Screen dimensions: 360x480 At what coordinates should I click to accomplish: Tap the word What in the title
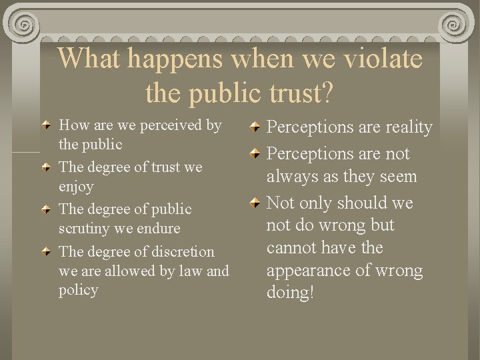click(x=89, y=59)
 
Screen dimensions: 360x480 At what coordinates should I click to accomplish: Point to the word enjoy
click(x=76, y=187)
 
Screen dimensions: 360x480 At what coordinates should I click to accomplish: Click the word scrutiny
click(x=86, y=229)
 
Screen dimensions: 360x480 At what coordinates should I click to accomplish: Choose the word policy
click(x=79, y=290)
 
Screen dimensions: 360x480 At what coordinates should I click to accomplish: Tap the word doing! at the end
click(x=290, y=293)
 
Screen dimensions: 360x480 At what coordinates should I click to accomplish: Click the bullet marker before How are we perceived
click(x=45, y=125)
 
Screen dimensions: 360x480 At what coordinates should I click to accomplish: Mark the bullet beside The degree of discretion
click(x=45, y=252)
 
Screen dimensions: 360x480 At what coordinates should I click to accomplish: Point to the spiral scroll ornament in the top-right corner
click(x=455, y=25)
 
